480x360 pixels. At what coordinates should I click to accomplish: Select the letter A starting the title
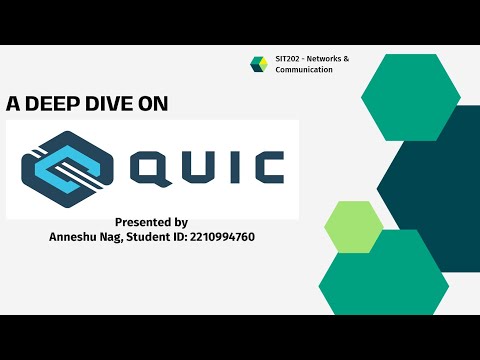[x=12, y=102]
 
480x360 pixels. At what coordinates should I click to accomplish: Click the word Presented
[x=142, y=222]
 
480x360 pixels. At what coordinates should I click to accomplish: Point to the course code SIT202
[x=287, y=59]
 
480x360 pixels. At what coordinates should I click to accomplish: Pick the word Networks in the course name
[x=331, y=59]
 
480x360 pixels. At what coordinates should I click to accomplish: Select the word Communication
[x=303, y=70]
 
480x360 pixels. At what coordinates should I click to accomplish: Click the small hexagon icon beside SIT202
[x=258, y=64]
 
